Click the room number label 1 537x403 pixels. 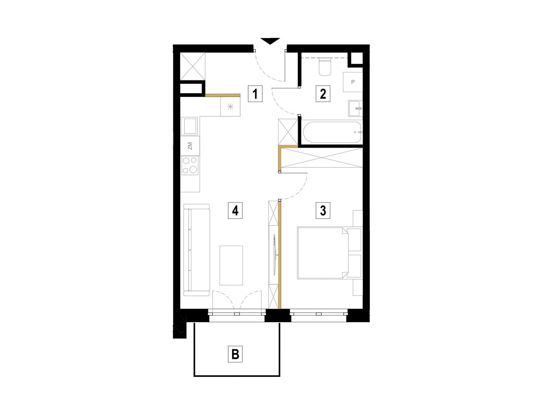pos(255,94)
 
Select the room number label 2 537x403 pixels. pos(323,94)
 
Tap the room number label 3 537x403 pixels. pos(323,210)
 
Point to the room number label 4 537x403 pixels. pos(236,210)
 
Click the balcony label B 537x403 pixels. pos(236,354)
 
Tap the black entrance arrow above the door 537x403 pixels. pos(270,41)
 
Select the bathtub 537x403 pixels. pos(332,132)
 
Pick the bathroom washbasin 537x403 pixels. pos(355,108)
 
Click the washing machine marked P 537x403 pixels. pos(353,82)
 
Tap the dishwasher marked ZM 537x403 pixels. pos(190,146)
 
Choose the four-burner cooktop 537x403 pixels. pos(190,165)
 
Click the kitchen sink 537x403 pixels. pos(189,126)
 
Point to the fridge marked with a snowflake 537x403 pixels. pos(230,106)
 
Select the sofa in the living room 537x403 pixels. pos(197,250)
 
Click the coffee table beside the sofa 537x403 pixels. pos(231,266)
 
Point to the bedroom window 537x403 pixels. pos(319,314)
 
